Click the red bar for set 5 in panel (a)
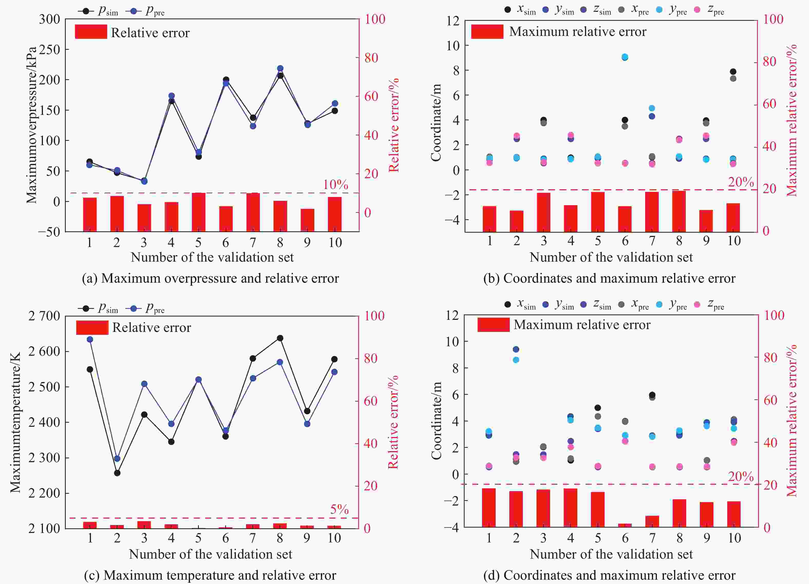pyautogui.click(x=198, y=212)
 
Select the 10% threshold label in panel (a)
pyautogui.click(x=335, y=185)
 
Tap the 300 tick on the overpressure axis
pyautogui.click(x=50, y=19)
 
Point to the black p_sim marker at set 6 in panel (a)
pyautogui.click(x=226, y=80)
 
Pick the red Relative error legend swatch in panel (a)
pyautogui.click(x=91, y=32)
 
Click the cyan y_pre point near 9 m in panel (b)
pyautogui.click(x=625, y=57)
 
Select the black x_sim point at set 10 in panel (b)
pyautogui.click(x=733, y=72)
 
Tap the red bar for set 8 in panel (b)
pyautogui.click(x=679, y=211)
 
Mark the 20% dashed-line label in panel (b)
pyautogui.click(x=740, y=182)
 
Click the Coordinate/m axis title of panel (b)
pyautogui.click(x=436, y=123)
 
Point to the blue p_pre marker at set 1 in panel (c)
pyautogui.click(x=90, y=339)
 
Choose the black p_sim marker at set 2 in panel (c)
pyautogui.click(x=117, y=473)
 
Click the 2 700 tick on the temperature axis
pyautogui.click(x=44, y=316)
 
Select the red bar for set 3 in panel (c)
pyautogui.click(x=144, y=524)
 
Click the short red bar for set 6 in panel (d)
pyautogui.click(x=625, y=525)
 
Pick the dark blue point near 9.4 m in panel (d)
pyautogui.click(x=516, y=349)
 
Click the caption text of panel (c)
pyautogui.click(x=210, y=575)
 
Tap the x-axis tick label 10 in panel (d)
pyautogui.click(x=734, y=538)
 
